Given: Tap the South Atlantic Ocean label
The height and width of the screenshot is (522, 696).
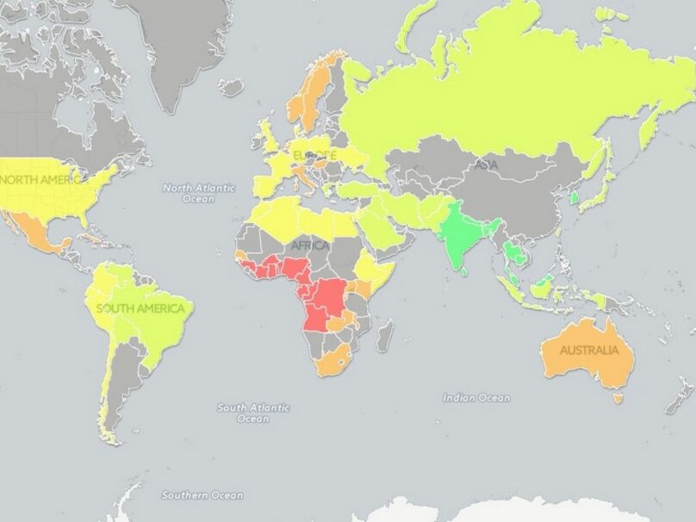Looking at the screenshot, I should [x=253, y=413].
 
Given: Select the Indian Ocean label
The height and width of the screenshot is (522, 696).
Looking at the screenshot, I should [x=476, y=398].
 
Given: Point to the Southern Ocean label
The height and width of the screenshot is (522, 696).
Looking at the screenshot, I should [x=202, y=495].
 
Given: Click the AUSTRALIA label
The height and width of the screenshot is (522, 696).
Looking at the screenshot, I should [x=589, y=351].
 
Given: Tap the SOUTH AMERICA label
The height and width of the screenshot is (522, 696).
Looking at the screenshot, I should [x=140, y=308].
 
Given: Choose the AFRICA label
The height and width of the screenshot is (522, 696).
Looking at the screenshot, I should [x=310, y=245].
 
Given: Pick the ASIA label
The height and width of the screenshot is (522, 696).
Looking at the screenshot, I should [x=486, y=165].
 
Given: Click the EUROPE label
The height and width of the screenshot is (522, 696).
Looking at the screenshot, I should [x=314, y=155].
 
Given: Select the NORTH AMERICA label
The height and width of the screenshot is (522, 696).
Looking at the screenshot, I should [x=43, y=179].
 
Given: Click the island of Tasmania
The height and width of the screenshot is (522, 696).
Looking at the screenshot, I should [x=617, y=398].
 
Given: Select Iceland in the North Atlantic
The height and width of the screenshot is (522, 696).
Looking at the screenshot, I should [x=231, y=86].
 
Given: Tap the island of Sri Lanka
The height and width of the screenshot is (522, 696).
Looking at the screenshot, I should [x=466, y=271].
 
